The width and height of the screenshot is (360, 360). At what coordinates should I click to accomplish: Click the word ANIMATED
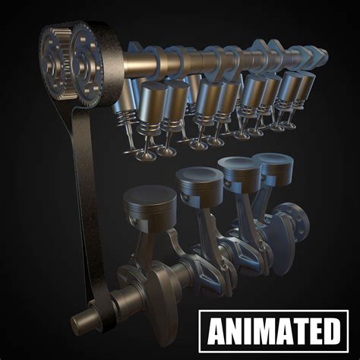[x=273, y=333]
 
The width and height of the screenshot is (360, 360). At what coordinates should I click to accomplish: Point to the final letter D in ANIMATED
[x=331, y=333]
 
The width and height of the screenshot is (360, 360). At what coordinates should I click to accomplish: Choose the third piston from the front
[x=238, y=169]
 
